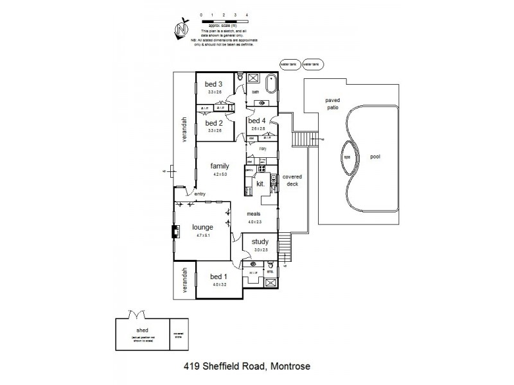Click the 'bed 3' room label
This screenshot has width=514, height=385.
tap(213, 84)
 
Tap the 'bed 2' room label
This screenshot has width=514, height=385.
tap(213, 123)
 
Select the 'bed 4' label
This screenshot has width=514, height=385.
tap(256, 121)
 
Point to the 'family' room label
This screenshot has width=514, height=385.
tap(220, 166)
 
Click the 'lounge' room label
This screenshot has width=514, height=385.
tap(202, 227)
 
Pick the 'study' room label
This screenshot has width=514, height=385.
tap(260, 242)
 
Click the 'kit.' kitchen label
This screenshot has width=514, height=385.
tap(260, 184)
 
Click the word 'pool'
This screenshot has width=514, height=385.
tap(375, 156)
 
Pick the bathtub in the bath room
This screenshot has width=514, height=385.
tap(272, 83)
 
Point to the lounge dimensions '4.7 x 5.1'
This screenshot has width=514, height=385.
tap(202, 236)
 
